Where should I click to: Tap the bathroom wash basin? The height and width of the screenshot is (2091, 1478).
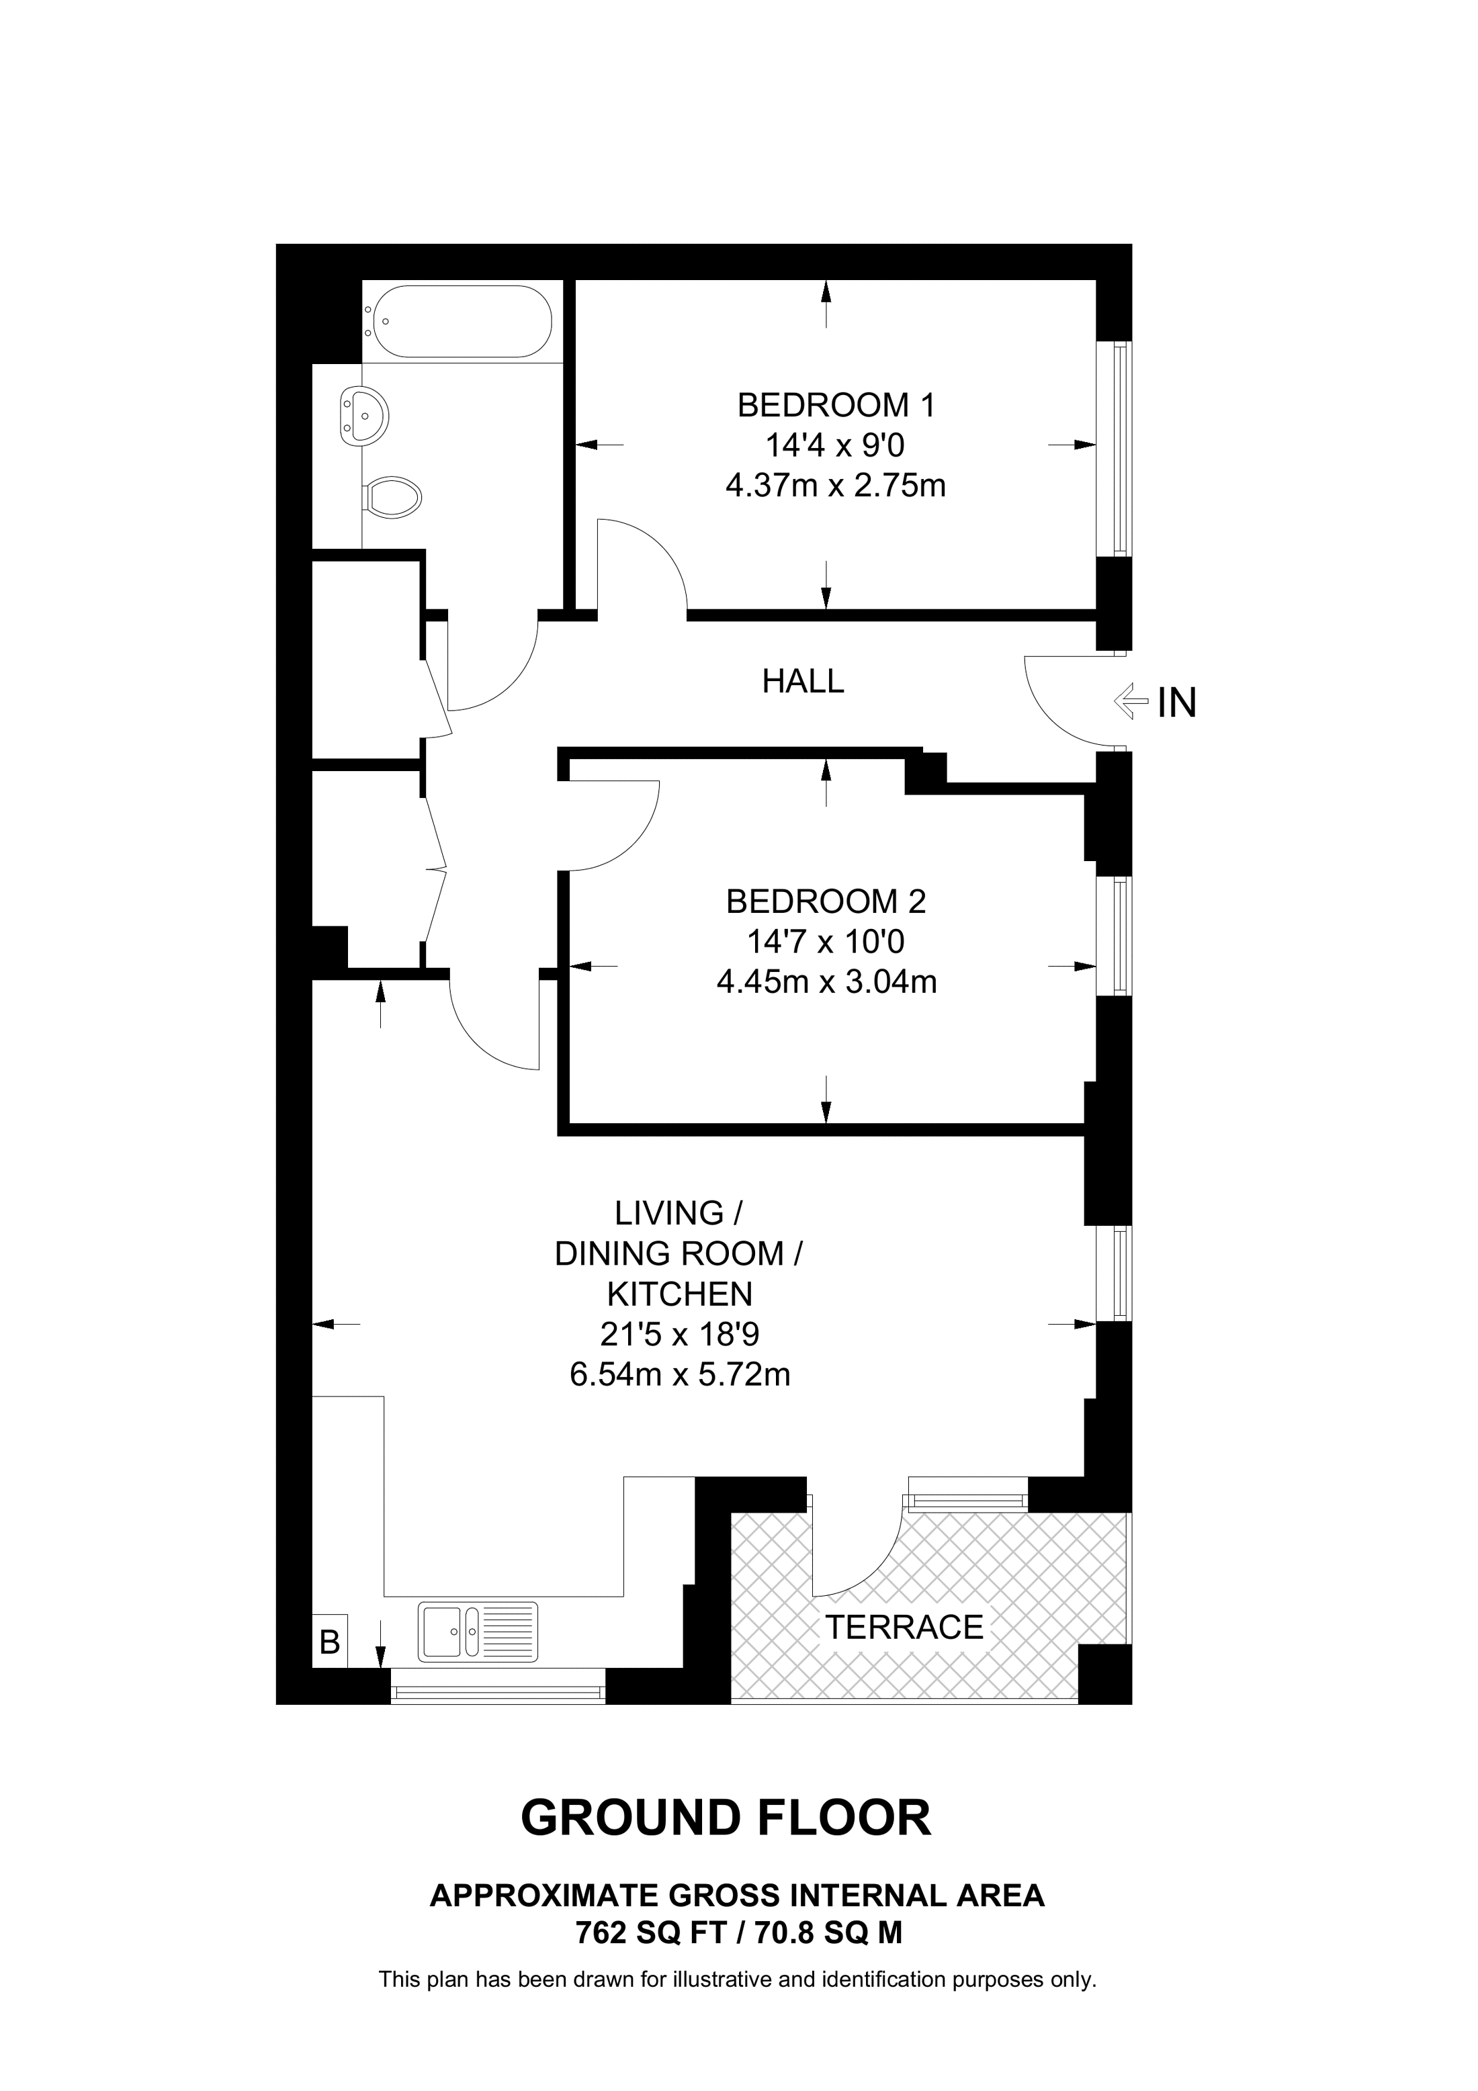click(363, 416)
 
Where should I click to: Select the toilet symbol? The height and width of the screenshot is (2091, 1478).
click(394, 498)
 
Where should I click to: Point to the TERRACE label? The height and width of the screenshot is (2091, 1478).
click(904, 1627)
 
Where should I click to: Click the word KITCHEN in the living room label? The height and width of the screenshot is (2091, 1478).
click(679, 1294)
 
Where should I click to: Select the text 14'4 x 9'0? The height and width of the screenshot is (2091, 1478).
click(834, 445)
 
